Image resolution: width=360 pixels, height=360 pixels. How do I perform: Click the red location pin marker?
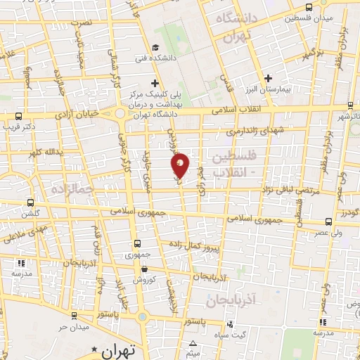(x=180, y=167)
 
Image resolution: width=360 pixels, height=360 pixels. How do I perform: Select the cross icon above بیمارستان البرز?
(x=266, y=79)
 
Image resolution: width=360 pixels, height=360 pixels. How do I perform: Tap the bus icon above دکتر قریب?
(x=18, y=117)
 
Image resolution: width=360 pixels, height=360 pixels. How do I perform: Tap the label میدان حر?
(x=72, y=327)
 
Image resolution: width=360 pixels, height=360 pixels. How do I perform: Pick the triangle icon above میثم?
(x=193, y=344)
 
